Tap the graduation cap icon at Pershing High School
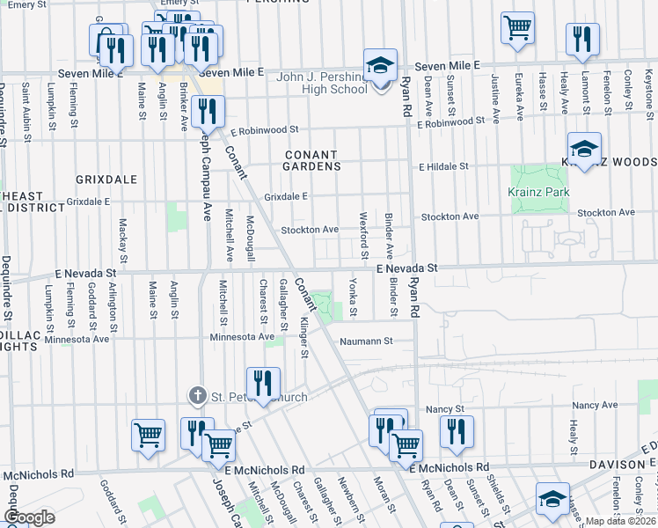coord(381,66)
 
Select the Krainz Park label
coord(539,193)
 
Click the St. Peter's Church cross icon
coord(199,397)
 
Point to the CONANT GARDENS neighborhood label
coord(311,160)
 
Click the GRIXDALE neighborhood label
coord(106,180)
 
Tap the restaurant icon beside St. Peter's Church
coord(263,383)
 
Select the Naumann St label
coord(365,341)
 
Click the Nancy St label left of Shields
coord(444,409)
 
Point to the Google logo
coord(30,517)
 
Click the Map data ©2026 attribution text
coord(620,521)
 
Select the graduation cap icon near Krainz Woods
coord(584,148)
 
